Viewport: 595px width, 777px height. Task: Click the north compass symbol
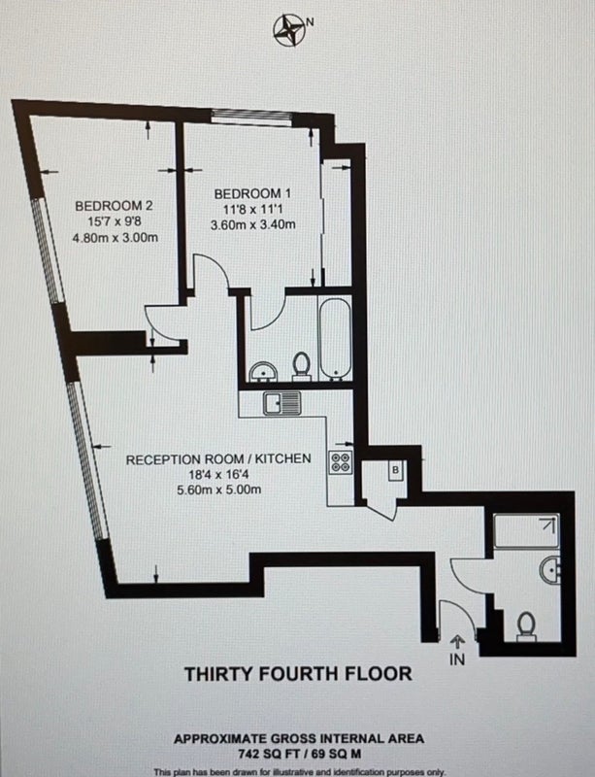point(289,31)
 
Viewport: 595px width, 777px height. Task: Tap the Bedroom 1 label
point(252,193)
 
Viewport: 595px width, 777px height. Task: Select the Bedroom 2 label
point(114,205)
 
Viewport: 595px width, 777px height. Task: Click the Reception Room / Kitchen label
point(218,458)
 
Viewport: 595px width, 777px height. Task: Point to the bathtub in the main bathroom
point(336,339)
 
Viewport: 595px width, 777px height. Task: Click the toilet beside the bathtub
point(301,366)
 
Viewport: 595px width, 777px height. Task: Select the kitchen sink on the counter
point(281,403)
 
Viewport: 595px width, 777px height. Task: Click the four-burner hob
point(341,463)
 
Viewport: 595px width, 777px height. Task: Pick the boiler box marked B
point(395,470)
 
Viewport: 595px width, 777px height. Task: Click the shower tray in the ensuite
point(526,530)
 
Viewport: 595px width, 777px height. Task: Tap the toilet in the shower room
point(526,626)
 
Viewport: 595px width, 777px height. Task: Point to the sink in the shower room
point(550,569)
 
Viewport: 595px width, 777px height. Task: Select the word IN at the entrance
point(457,659)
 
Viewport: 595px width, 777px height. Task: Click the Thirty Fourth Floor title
point(298,674)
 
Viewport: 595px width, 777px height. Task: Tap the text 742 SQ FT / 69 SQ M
point(299,755)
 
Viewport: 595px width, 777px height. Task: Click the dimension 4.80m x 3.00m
point(116,237)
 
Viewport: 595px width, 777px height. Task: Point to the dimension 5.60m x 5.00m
point(219,490)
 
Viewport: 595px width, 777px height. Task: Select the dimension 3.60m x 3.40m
point(253,224)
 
